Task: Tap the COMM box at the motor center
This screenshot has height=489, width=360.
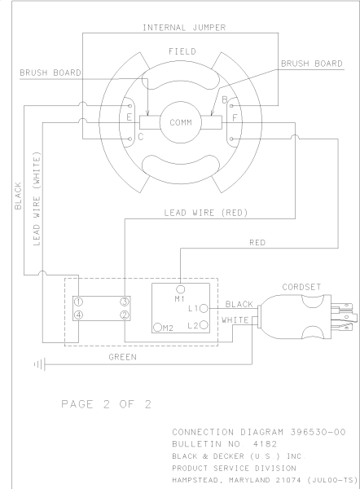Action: click(181, 122)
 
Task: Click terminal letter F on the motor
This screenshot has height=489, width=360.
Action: click(235, 118)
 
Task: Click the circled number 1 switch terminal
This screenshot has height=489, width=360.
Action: click(78, 302)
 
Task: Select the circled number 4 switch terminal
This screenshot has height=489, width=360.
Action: click(78, 315)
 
